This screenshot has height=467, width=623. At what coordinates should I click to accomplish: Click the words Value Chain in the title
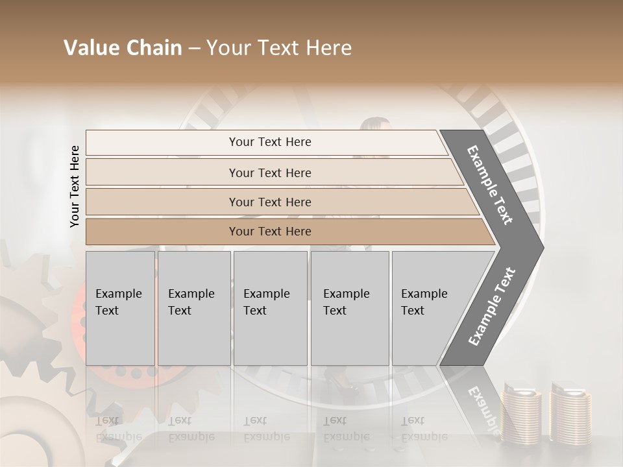click(x=123, y=48)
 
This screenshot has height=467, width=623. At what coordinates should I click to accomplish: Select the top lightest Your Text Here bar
click(x=269, y=142)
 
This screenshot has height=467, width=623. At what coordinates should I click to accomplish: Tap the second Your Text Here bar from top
click(x=269, y=173)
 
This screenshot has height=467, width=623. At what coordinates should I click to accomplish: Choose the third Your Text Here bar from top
click(x=269, y=202)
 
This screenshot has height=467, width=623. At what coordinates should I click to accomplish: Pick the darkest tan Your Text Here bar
click(x=269, y=232)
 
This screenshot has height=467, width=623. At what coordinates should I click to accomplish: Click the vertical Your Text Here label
click(x=75, y=186)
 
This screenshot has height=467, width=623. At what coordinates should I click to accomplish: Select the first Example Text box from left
click(x=120, y=308)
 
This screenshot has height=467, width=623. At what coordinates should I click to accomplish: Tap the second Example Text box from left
click(x=193, y=308)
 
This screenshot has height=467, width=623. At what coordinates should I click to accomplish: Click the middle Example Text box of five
click(x=270, y=308)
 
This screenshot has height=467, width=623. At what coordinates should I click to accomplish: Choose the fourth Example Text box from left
click(x=349, y=308)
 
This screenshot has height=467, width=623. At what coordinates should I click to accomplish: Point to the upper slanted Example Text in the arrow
click(x=490, y=185)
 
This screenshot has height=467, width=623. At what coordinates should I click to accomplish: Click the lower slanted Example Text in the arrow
click(x=492, y=306)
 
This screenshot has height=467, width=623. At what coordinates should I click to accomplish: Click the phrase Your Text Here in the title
click(x=279, y=48)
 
